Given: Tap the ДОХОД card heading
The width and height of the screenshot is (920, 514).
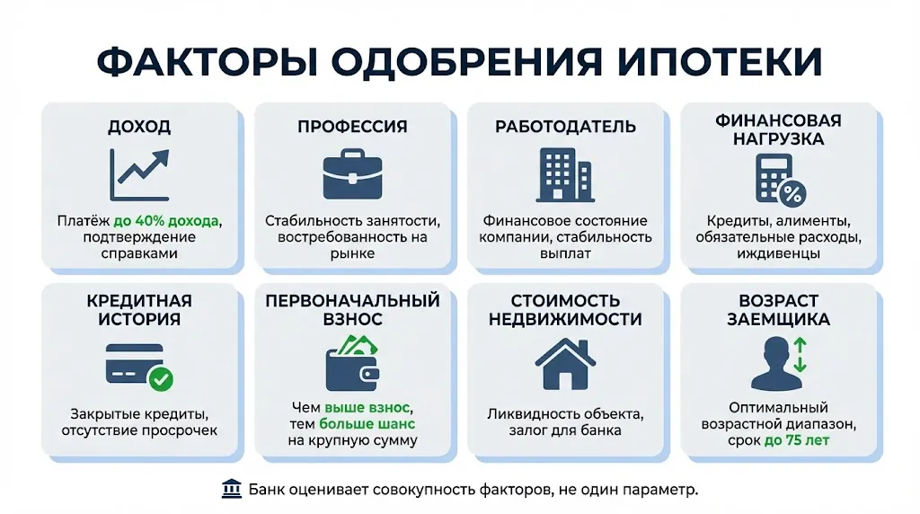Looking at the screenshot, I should click(139, 127).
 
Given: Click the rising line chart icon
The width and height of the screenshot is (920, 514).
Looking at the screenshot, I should click(139, 173).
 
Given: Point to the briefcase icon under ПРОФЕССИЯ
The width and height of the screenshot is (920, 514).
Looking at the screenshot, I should click(352, 175).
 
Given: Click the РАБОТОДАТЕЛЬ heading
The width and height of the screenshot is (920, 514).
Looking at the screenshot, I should click(565, 127).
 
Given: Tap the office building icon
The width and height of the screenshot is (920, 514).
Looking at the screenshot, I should click(564, 174).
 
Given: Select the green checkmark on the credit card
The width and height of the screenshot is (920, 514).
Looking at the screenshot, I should click(161, 378).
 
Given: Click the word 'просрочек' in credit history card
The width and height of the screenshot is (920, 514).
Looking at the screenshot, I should click(179, 430).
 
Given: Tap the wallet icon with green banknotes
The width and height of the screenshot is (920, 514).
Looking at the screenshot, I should click(352, 363).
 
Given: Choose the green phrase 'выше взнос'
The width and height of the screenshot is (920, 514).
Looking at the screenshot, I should click(368, 407).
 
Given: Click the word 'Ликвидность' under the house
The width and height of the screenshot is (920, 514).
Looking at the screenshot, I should click(526, 414).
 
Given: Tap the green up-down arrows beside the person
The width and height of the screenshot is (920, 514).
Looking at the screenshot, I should click(799, 357).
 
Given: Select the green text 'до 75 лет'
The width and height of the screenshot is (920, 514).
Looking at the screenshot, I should click(796, 440).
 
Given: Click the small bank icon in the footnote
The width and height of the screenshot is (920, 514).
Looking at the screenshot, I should click(231, 489).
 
